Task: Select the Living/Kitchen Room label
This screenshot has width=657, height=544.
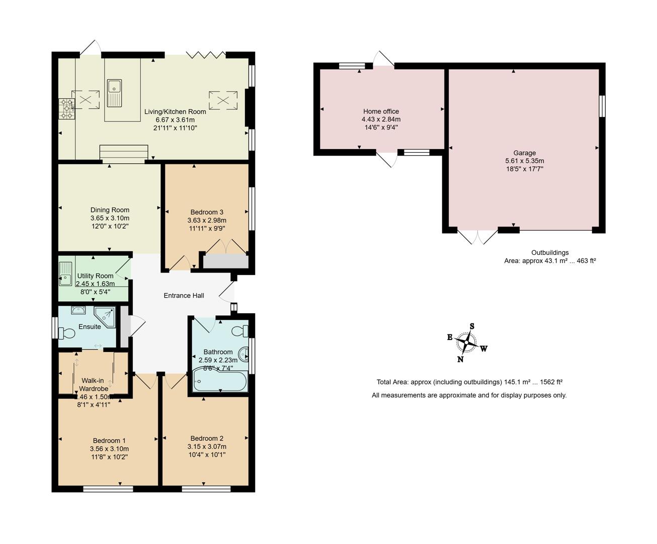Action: point(175,112)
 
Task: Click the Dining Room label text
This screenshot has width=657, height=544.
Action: point(110,210)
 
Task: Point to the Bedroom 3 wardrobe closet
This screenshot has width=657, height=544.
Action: point(225,261)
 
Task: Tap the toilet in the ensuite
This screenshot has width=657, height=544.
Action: point(67,333)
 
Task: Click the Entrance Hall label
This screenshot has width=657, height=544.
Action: point(184,296)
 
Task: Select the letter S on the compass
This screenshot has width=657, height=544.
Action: point(472,326)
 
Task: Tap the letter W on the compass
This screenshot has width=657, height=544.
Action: point(483,349)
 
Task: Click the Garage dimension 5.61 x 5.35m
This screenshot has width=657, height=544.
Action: point(525,161)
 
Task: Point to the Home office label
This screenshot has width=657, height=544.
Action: point(381,111)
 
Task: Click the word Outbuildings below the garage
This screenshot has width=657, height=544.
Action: point(550,253)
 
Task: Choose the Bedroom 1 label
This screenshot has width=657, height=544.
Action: point(109,441)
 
